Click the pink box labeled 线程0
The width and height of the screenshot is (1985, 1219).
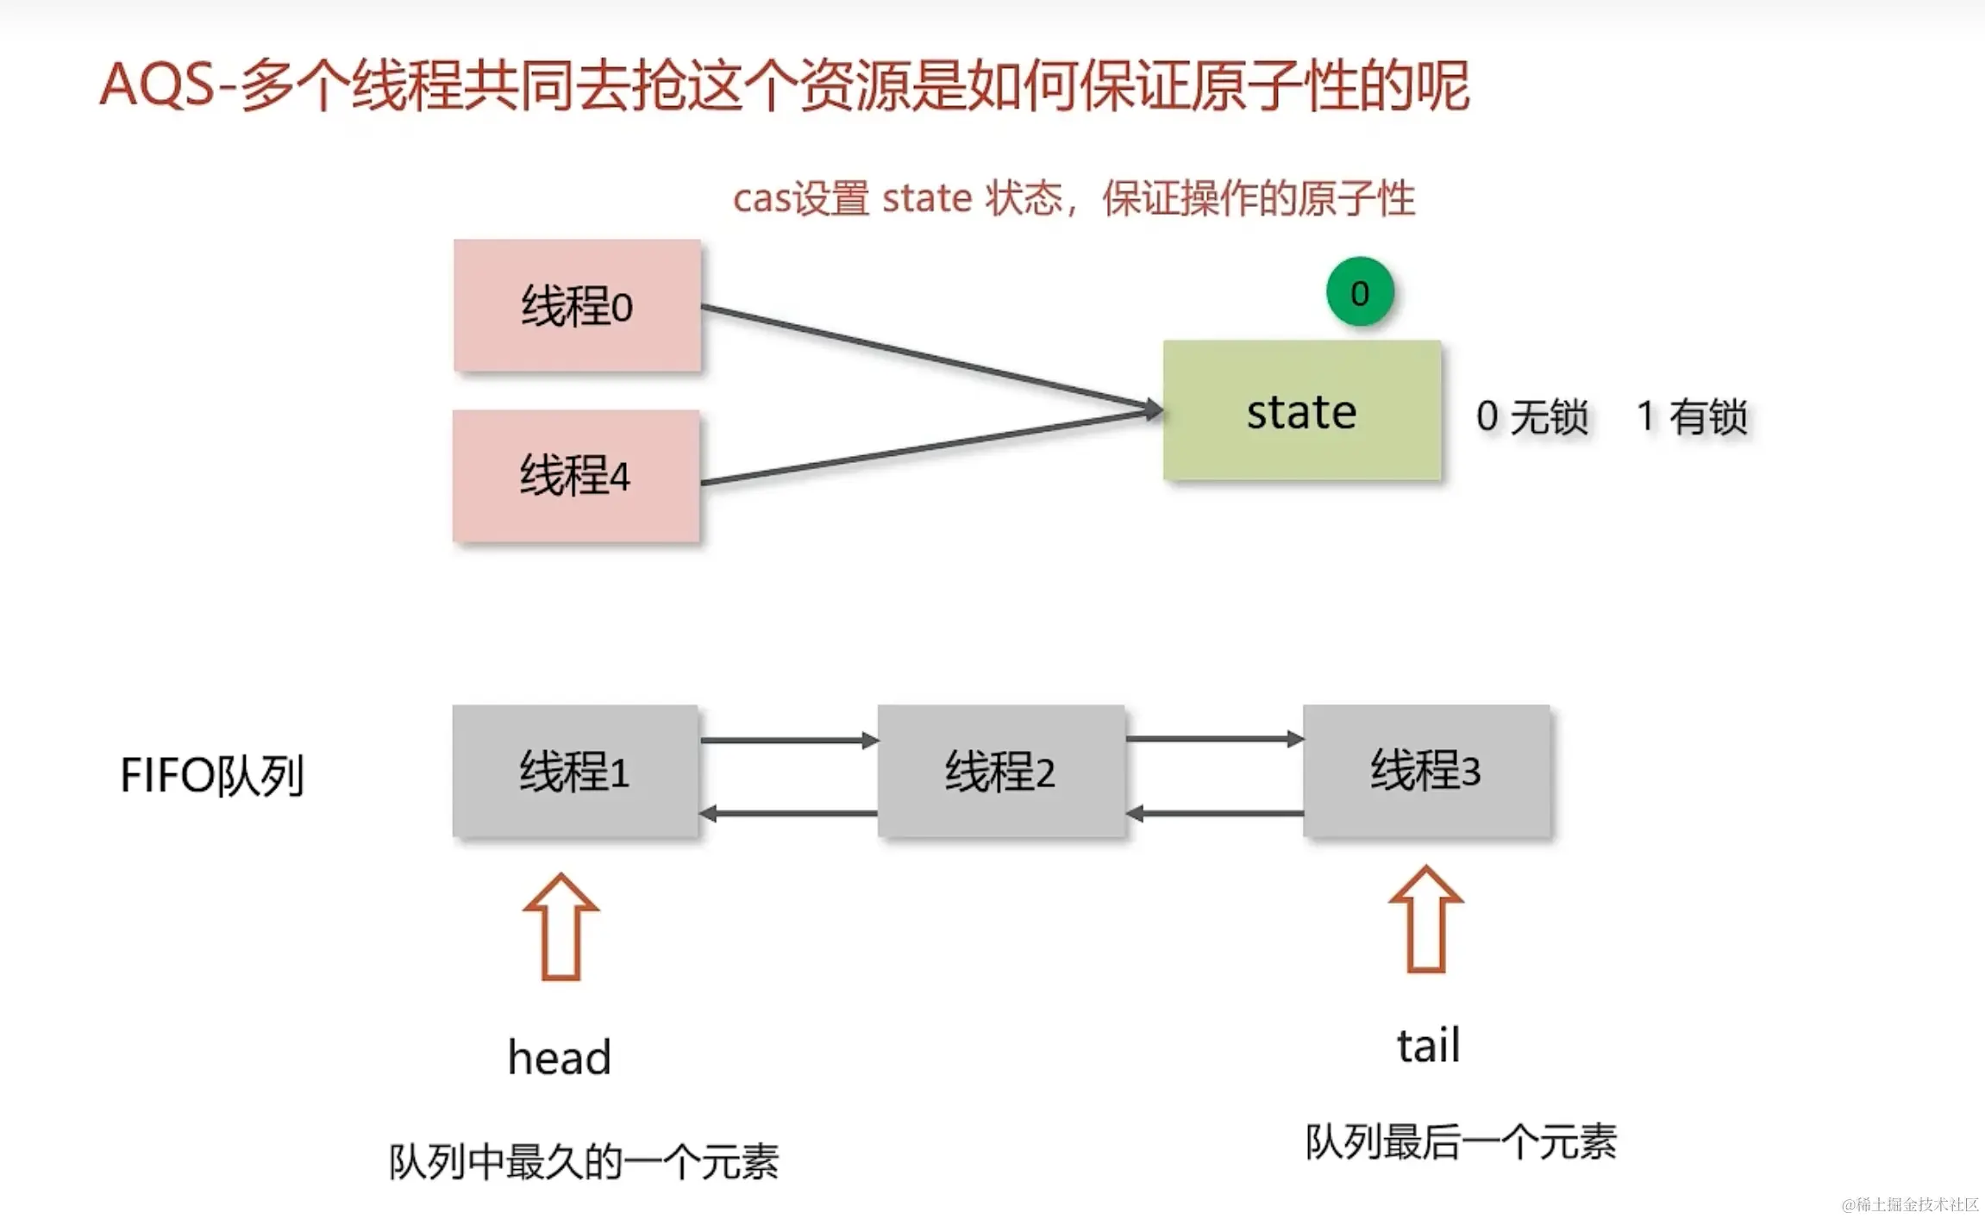577,305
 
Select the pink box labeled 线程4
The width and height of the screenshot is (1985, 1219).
576,475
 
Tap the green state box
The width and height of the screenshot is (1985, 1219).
1301,410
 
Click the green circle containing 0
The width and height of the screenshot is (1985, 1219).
1360,292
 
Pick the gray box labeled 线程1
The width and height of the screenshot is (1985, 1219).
575,770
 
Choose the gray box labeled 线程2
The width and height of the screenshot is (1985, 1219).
1000,770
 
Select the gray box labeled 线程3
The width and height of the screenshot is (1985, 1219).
1426,770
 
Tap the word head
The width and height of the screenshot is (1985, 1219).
560,1057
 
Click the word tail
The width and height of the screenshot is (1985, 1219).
1428,1046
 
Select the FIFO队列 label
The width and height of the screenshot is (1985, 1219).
212,775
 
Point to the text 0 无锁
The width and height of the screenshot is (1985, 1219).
1531,416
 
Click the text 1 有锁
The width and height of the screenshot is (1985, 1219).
1692,416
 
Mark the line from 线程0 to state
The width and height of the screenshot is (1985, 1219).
931,356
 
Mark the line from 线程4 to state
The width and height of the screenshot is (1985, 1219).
931,447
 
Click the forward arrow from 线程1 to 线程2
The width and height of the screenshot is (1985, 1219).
788,740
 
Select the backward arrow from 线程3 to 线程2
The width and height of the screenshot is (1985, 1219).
1215,813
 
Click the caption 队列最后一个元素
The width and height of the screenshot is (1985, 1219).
1461,1141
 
